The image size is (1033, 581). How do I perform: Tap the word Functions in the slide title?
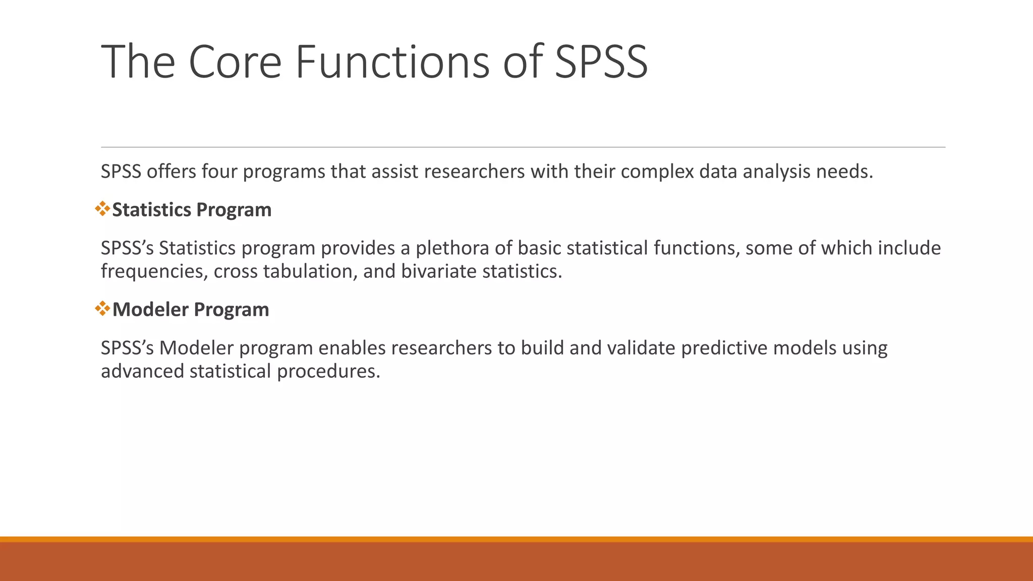click(392, 62)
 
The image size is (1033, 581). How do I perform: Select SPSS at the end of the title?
click(601, 62)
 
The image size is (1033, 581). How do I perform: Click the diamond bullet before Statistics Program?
click(102, 209)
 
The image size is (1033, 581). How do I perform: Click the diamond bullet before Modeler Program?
click(102, 309)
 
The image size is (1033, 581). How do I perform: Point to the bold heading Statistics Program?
click(192, 210)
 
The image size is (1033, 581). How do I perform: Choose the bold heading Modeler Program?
click(191, 310)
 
